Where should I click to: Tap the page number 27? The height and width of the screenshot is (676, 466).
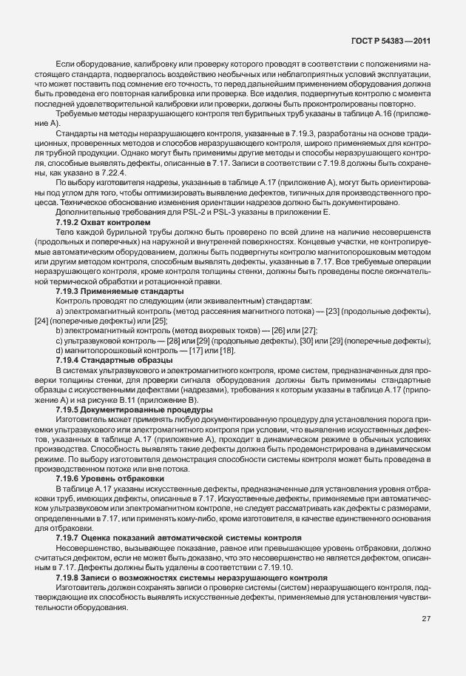pyautogui.click(x=426, y=619)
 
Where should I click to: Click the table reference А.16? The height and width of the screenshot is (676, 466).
pyautogui.click(x=376, y=116)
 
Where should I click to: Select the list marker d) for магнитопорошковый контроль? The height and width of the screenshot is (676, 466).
pyautogui.click(x=59, y=350)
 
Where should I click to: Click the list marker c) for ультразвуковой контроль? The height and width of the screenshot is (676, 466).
pyautogui.click(x=59, y=341)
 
